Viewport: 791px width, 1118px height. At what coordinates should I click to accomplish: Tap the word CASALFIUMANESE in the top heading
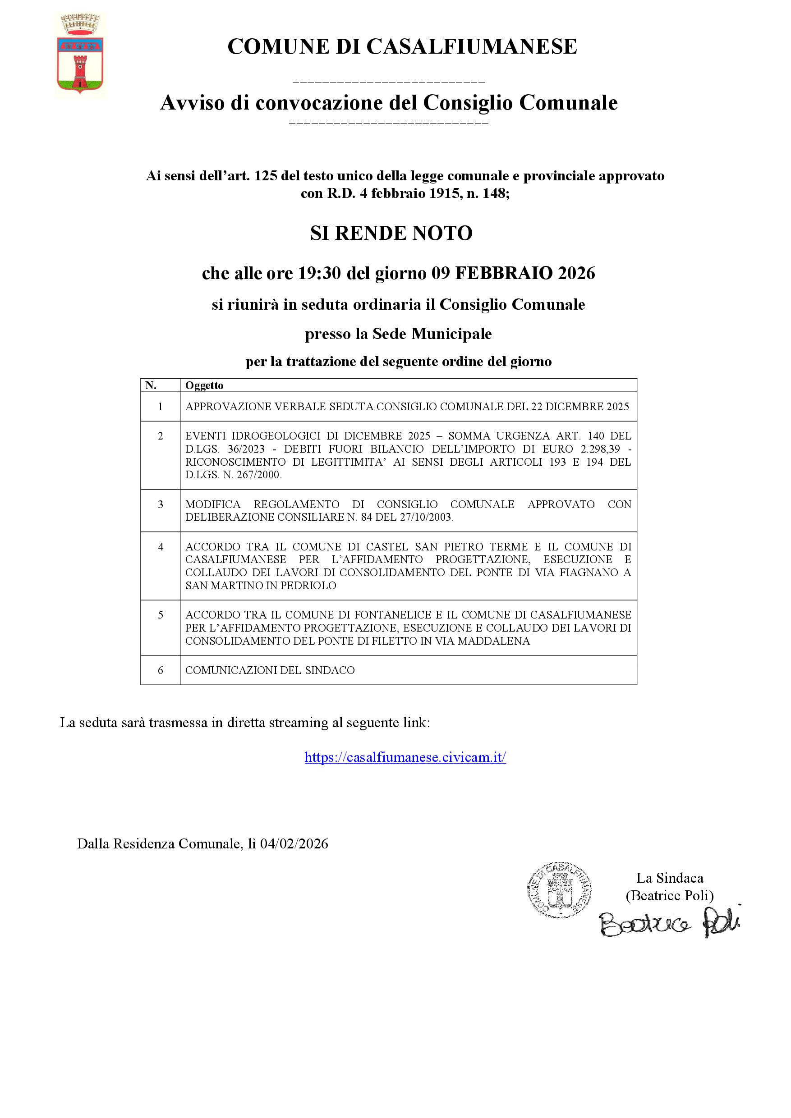(x=471, y=47)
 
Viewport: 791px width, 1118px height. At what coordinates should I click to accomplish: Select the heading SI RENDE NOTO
(x=391, y=233)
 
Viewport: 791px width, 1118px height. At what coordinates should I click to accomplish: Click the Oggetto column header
(x=204, y=385)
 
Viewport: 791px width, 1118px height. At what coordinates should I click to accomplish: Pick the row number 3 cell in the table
(x=160, y=504)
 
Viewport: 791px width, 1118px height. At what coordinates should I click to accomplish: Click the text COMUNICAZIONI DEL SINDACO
(x=270, y=670)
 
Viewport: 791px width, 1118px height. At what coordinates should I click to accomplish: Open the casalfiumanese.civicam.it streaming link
(x=405, y=757)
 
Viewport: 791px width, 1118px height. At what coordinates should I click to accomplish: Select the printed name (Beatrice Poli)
(x=670, y=895)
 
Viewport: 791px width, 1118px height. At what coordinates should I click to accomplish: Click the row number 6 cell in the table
(x=160, y=670)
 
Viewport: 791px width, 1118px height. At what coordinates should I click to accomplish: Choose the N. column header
(x=151, y=385)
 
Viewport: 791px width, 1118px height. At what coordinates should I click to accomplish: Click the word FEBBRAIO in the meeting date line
(x=504, y=273)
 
